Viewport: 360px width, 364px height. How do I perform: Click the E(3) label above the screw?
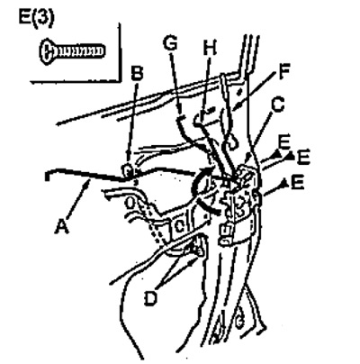tap(37, 18)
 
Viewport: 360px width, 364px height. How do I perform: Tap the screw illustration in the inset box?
tap(72, 51)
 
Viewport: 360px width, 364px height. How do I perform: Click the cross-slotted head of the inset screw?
tap(48, 51)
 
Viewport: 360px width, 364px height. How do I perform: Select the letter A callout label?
tap(62, 226)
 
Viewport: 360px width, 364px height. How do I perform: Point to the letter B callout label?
tap(137, 73)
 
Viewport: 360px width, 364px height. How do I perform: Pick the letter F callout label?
tap(283, 71)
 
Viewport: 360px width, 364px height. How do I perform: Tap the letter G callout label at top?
tap(170, 43)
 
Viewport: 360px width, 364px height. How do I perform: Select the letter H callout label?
tap(209, 47)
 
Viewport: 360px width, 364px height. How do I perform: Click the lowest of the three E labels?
tap(297, 184)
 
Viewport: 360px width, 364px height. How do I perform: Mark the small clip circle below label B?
tap(128, 171)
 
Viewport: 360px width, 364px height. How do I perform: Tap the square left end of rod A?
tap(47, 176)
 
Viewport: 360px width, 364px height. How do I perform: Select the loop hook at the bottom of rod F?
tap(231, 142)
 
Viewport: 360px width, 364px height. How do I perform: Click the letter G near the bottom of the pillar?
tap(239, 323)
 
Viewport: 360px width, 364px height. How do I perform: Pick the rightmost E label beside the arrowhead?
tap(303, 157)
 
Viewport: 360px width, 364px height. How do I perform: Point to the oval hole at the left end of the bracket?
tap(130, 203)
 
